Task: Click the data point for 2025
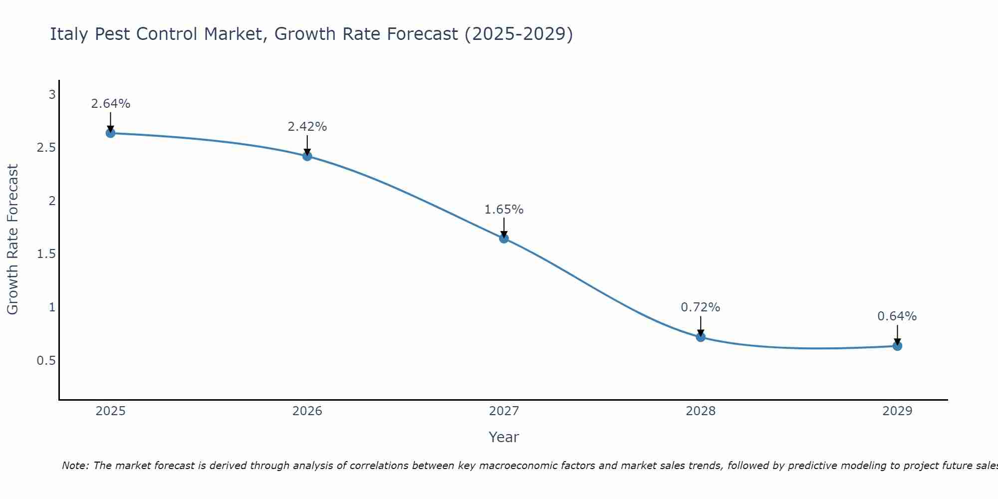(x=110, y=133)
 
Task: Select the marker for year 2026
(x=307, y=156)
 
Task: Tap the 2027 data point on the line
(x=504, y=239)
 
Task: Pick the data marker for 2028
(x=701, y=337)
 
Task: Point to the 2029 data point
(x=897, y=346)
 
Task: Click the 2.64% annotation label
(x=110, y=104)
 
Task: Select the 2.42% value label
(x=307, y=127)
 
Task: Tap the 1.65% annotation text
(x=504, y=210)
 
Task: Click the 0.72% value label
(x=701, y=307)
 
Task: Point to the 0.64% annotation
(x=897, y=316)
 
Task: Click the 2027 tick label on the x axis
(x=504, y=411)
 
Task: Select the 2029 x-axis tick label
(x=897, y=411)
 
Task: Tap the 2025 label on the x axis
(x=110, y=411)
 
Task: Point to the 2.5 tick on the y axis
(x=46, y=148)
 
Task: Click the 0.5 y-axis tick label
(x=46, y=360)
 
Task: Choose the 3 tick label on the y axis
(x=52, y=95)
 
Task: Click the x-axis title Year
(x=504, y=437)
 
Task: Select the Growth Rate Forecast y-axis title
(x=12, y=240)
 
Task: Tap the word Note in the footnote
(x=75, y=466)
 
